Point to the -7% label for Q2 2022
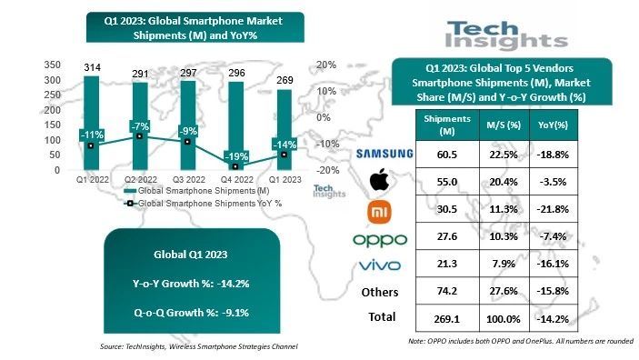point(138,125)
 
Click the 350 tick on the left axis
point(52,65)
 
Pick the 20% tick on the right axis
point(326,65)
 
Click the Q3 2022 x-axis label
point(187,179)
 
